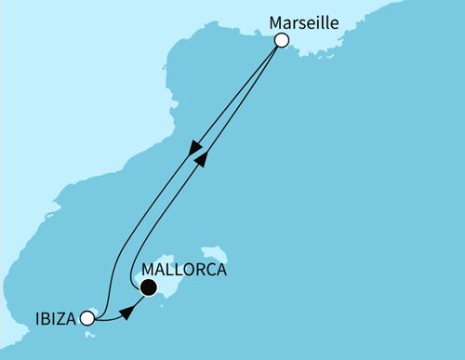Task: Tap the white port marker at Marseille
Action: [282, 40]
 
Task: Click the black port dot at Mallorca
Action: [147, 290]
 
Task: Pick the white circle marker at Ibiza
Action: [86, 318]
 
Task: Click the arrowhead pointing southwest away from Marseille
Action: [194, 149]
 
